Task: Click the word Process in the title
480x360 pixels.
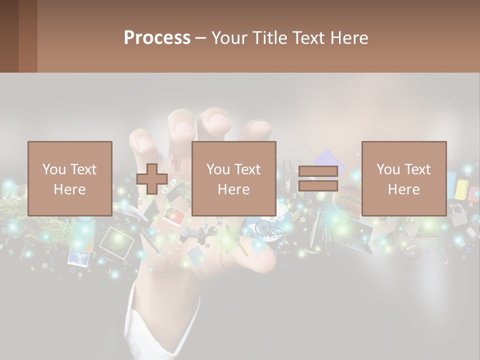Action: tap(157, 38)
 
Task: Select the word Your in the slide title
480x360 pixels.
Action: tap(228, 38)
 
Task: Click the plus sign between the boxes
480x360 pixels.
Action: tap(152, 179)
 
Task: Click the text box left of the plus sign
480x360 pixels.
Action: tap(70, 178)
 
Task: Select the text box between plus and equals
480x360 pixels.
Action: tap(233, 178)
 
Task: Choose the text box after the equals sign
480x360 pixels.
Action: tap(403, 178)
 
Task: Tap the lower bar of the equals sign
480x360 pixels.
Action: tap(318, 186)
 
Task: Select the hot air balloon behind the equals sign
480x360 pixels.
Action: tap(349, 196)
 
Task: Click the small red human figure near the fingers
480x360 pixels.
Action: tap(175, 163)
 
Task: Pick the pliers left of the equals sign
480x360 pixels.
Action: tap(287, 172)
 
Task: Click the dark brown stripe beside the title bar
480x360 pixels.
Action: tap(28, 36)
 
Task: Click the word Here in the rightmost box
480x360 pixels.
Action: tap(403, 189)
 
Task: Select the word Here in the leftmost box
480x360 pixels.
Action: tap(69, 189)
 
